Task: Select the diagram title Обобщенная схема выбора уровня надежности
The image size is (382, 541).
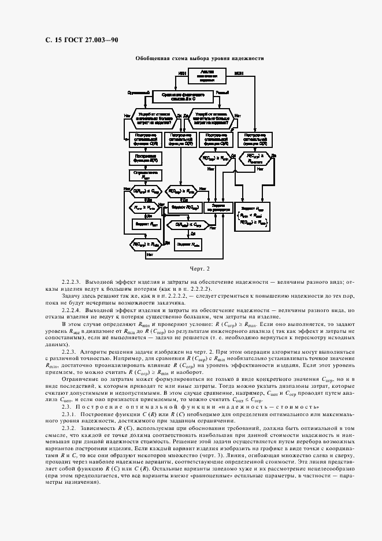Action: (x=199, y=58)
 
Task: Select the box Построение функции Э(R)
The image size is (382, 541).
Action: (x=146, y=158)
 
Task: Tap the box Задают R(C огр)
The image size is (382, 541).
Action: (x=183, y=206)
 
